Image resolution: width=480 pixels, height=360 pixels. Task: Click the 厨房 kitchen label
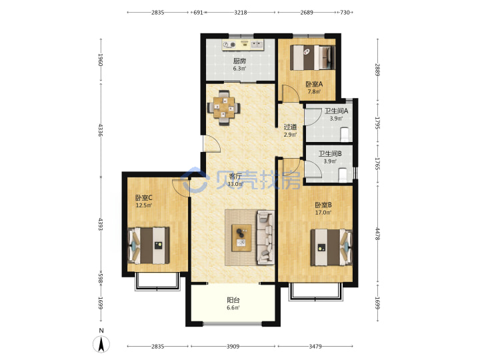coord(239,61)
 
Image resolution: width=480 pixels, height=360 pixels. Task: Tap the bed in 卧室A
coord(312,57)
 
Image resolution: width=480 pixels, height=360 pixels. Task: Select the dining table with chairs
coord(224,108)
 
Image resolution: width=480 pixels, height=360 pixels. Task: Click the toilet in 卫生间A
coord(345,135)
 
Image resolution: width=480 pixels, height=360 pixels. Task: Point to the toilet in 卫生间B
coord(343,175)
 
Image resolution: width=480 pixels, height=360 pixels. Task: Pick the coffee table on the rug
coord(241,238)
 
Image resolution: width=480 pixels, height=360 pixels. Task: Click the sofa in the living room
coord(265,237)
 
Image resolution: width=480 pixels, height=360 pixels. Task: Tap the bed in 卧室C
coord(149,245)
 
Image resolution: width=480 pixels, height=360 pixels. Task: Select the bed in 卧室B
coord(331,247)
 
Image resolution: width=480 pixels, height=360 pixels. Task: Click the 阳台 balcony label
coord(233,300)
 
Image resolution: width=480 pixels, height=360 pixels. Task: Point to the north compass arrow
coord(101,344)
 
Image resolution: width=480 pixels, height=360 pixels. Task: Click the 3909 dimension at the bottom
coord(233,347)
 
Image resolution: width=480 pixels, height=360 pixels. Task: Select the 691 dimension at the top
coord(199,13)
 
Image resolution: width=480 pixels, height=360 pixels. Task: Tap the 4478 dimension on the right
coord(377,233)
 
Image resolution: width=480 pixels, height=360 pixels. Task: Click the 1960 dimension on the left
coord(101,60)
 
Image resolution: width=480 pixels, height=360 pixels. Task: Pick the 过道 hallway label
coord(290,127)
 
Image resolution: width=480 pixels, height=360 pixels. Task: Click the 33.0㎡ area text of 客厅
coord(235,184)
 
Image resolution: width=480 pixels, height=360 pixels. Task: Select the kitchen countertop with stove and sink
coord(243,45)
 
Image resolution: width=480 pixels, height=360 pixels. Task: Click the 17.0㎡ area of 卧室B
coord(323,213)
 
